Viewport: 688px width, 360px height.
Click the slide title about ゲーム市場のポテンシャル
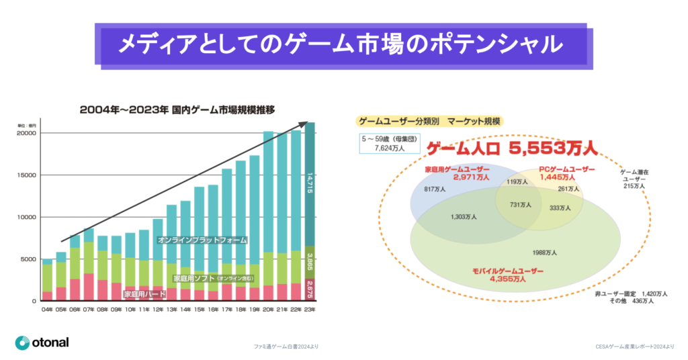(x=340, y=45)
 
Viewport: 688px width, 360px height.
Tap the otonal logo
(x=42, y=343)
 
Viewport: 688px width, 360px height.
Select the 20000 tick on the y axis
(x=26, y=134)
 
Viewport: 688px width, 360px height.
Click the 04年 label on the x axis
(x=47, y=310)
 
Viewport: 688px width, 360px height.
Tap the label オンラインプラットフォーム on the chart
(x=202, y=240)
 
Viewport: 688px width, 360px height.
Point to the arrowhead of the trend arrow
(x=310, y=124)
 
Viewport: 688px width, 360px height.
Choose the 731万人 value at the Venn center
(x=521, y=204)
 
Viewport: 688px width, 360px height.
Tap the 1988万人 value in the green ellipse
(x=544, y=253)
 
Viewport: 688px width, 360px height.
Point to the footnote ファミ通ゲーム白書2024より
(x=286, y=347)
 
